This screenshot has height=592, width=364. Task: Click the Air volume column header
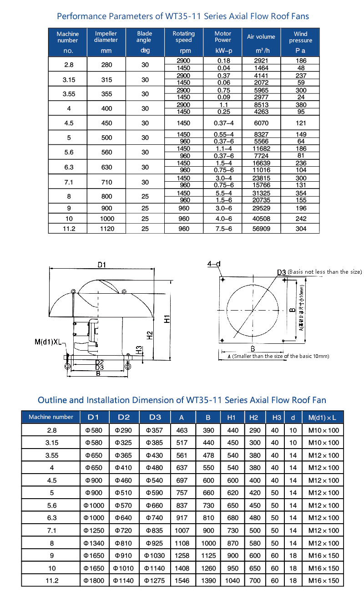261,37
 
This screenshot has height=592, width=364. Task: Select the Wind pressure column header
300,37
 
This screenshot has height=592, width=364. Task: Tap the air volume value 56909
261,229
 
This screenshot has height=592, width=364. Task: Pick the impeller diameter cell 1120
106,229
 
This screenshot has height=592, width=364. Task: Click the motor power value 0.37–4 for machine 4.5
223,123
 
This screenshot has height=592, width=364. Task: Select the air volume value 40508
261,219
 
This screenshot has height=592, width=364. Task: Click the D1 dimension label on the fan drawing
101,265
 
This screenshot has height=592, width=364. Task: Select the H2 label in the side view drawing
150,335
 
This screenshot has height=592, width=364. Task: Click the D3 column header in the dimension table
155,417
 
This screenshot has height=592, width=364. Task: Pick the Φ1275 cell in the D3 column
155,581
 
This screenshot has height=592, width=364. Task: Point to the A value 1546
182,581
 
